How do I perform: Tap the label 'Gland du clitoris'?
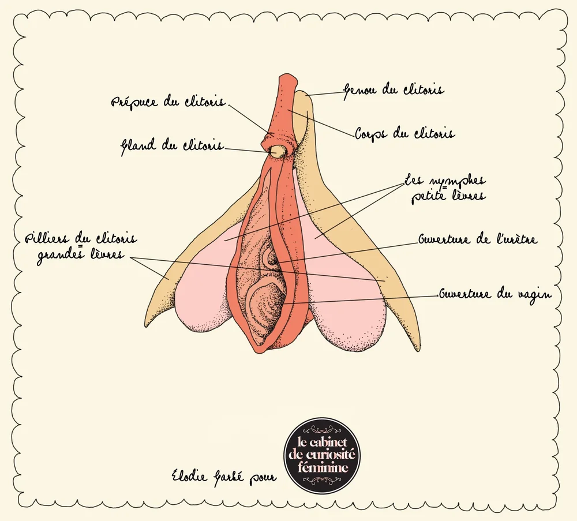pyautogui.click(x=171, y=146)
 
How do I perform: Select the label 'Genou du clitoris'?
pyautogui.click(x=394, y=90)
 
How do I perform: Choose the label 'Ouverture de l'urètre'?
pyautogui.click(x=478, y=238)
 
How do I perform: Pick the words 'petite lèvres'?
pyautogui.click(x=448, y=197)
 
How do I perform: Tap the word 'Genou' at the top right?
pyautogui.click(x=361, y=90)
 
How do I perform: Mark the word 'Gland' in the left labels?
pyautogui.click(x=136, y=146)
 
